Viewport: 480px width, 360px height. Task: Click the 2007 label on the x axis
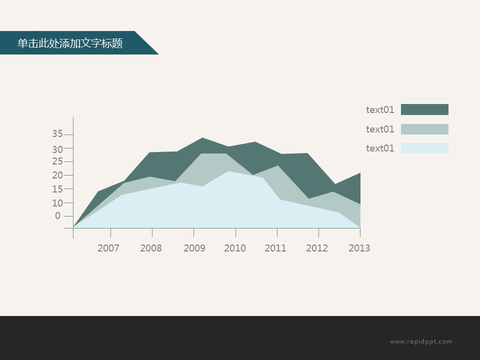pos(108,248)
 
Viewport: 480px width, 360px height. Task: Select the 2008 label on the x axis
pos(151,248)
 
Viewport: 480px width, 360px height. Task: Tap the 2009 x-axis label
pos(194,248)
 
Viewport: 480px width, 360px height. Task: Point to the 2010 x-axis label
pos(235,248)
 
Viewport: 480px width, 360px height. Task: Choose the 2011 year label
pos(275,248)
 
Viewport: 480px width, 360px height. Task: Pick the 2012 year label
pos(317,248)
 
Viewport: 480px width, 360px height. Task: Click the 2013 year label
pos(359,248)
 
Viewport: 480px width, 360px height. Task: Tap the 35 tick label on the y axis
pos(57,134)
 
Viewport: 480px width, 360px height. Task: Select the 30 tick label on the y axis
pos(57,149)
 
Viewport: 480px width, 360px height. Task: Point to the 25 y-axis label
pos(57,161)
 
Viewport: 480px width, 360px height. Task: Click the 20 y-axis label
pos(57,175)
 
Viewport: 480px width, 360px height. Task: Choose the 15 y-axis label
pos(57,189)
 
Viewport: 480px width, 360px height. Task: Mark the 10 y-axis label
pos(57,203)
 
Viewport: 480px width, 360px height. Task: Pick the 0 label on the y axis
pos(58,216)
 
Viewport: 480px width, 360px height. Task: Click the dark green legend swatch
pos(424,109)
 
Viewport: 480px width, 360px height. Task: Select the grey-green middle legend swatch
pos(424,129)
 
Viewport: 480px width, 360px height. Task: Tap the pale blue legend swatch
pos(424,148)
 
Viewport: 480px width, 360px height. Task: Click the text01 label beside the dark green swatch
pos(380,109)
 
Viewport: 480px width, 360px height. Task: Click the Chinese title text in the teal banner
pos(70,43)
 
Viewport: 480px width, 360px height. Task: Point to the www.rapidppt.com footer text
pos(420,341)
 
